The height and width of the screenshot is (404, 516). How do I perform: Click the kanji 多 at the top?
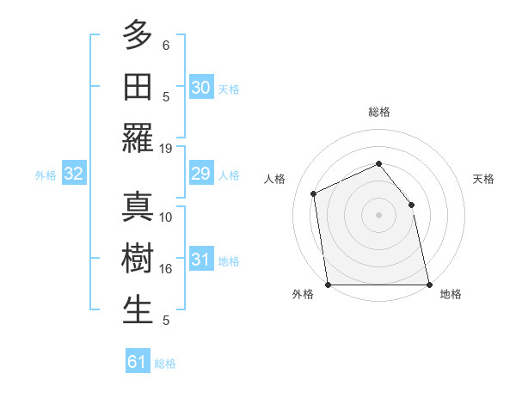tap(138, 35)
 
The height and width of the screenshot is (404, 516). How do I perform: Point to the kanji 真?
tap(138, 207)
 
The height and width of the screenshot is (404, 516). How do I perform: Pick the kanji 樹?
tap(138, 259)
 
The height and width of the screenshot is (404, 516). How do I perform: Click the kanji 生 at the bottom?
tap(138, 310)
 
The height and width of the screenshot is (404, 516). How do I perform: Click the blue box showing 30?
tap(201, 87)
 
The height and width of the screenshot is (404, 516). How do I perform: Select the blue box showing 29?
tap(201, 174)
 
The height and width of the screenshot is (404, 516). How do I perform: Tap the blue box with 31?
tap(201, 260)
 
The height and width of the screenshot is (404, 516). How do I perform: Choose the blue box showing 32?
tap(73, 174)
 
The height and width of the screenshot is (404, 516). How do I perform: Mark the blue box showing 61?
tap(138, 362)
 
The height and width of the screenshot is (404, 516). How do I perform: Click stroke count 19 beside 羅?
tap(166, 148)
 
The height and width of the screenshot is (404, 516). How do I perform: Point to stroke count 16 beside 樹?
tap(166, 269)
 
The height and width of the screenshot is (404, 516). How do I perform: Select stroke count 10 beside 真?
tap(166, 217)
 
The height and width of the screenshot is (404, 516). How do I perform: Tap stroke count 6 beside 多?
tap(166, 45)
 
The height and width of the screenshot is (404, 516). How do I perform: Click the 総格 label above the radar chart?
tap(378, 112)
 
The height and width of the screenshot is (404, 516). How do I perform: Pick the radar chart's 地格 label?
tap(451, 294)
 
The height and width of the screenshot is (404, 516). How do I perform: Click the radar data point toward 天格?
tap(411, 205)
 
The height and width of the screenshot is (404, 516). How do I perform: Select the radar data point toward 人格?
tap(314, 193)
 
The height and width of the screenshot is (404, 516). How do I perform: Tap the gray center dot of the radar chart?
tap(378, 215)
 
